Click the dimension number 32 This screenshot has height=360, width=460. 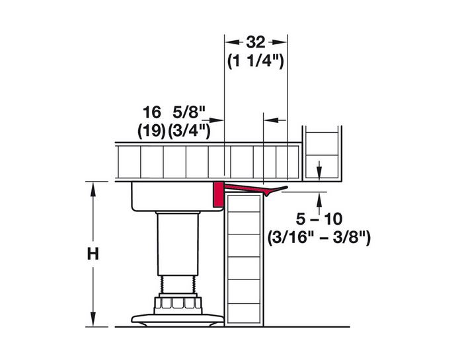pos(256,42)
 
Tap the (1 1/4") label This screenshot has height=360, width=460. pos(256,61)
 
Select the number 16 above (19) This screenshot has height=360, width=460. pos(151,112)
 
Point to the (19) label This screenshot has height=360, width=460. pos(151,130)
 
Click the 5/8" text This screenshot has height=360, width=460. pos(188,112)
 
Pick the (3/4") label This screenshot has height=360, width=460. pos(189,130)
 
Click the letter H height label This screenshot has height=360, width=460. pos(93,254)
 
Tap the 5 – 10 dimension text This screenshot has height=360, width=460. pos(319,219)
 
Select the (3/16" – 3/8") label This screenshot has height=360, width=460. pos(319,237)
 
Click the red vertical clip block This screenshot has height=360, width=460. pos(217,194)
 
